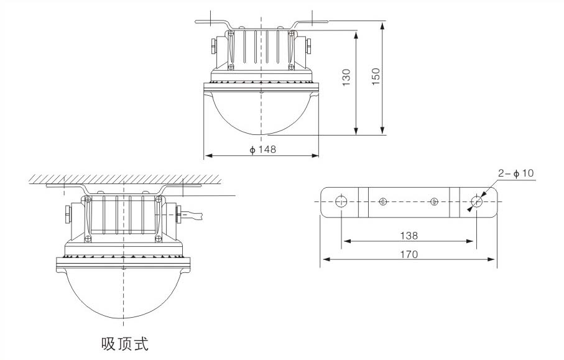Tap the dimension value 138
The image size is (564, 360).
(409, 236)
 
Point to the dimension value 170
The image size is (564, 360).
(409, 254)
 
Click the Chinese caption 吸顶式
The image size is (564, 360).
(125, 343)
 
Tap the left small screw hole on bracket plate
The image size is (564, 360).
(384, 201)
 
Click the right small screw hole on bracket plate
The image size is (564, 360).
(434, 201)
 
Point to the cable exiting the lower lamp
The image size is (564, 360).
(196, 216)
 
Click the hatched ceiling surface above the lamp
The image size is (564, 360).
(124, 180)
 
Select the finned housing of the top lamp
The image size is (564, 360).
(261, 48)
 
